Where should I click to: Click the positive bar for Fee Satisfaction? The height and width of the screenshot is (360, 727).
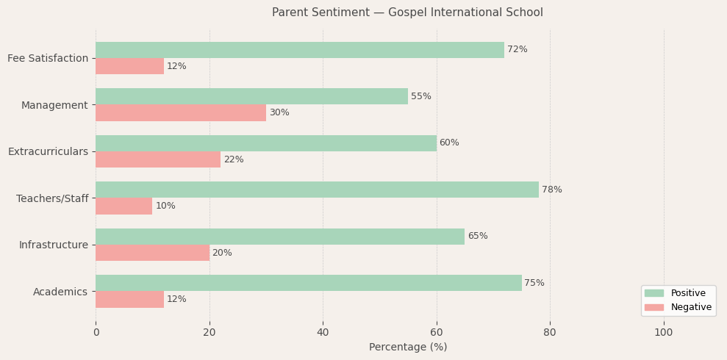click(300, 50)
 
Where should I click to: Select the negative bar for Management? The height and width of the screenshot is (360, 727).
click(181, 113)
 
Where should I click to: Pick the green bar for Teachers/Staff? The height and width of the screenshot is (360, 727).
click(317, 190)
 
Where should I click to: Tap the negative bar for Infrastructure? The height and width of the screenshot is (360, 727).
click(152, 253)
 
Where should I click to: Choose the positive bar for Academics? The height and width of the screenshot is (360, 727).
click(309, 283)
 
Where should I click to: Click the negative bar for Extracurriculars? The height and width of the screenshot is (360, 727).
click(158, 159)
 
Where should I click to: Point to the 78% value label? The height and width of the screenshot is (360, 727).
click(552, 190)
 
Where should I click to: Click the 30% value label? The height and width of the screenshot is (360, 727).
click(279, 113)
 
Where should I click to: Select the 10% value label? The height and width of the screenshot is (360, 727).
click(165, 206)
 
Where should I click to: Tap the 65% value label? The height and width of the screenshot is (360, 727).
click(478, 237)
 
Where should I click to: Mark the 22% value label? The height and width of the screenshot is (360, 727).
click(234, 159)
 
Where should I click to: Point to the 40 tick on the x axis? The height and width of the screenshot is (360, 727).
click(323, 333)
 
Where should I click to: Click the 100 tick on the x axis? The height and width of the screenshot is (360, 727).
click(664, 333)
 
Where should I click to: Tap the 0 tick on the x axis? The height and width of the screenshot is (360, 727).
click(96, 333)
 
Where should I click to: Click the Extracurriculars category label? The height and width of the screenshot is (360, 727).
click(48, 151)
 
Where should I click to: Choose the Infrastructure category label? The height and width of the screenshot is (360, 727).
click(53, 245)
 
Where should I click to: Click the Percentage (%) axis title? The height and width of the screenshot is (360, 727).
click(408, 348)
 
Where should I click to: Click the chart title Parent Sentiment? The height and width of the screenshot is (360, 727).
click(407, 12)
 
